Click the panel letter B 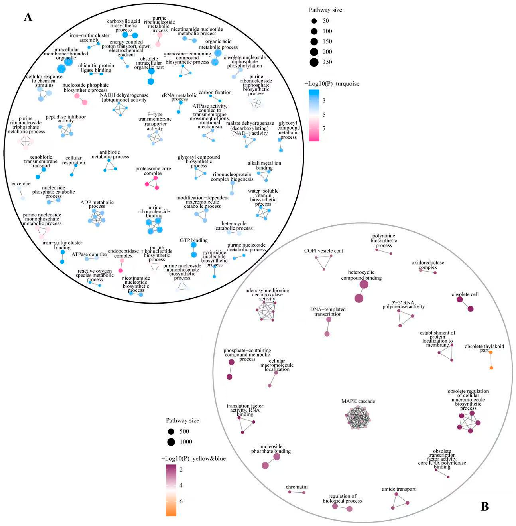(x=485, y=506)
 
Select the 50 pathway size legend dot (x=314, y=21)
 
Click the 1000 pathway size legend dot (x=171, y=442)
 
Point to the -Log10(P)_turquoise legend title (x=332, y=84)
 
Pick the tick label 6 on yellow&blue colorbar (x=181, y=501)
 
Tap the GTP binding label (x=193, y=240)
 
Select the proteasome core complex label (x=153, y=171)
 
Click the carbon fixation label (x=215, y=92)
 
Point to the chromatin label (x=296, y=487)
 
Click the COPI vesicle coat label (x=323, y=251)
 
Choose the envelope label (x=21, y=184)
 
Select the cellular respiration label (x=73, y=160)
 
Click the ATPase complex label (x=89, y=254)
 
